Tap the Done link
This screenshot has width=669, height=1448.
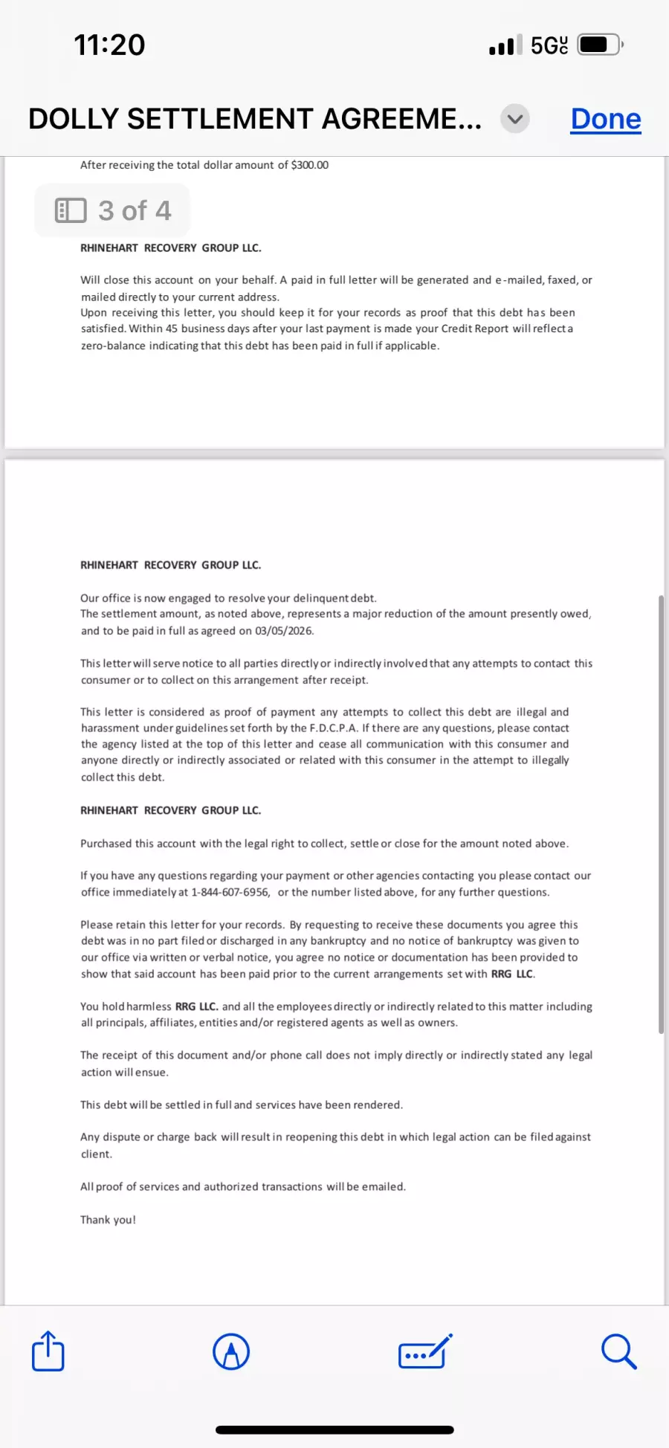[x=605, y=119]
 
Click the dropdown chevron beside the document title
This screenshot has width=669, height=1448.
[x=515, y=119]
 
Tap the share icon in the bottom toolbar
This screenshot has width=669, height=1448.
[x=48, y=1351]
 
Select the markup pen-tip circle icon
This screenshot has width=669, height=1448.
[x=231, y=1351]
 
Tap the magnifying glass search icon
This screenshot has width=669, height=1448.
[x=618, y=1351]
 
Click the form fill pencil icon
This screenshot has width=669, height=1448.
[x=425, y=1351]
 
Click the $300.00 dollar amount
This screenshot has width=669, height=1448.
[x=309, y=165]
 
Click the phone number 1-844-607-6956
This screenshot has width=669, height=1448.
[x=230, y=892]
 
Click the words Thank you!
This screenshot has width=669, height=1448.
[x=109, y=1220]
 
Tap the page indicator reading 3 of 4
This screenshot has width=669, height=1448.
[x=113, y=211]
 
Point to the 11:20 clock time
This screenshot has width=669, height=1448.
[x=109, y=45]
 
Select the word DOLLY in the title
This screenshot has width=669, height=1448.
[x=74, y=119]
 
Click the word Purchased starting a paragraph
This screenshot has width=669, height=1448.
[x=106, y=844]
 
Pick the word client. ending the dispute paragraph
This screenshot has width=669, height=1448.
[x=97, y=1154]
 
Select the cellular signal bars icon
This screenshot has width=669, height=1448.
[x=505, y=46]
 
